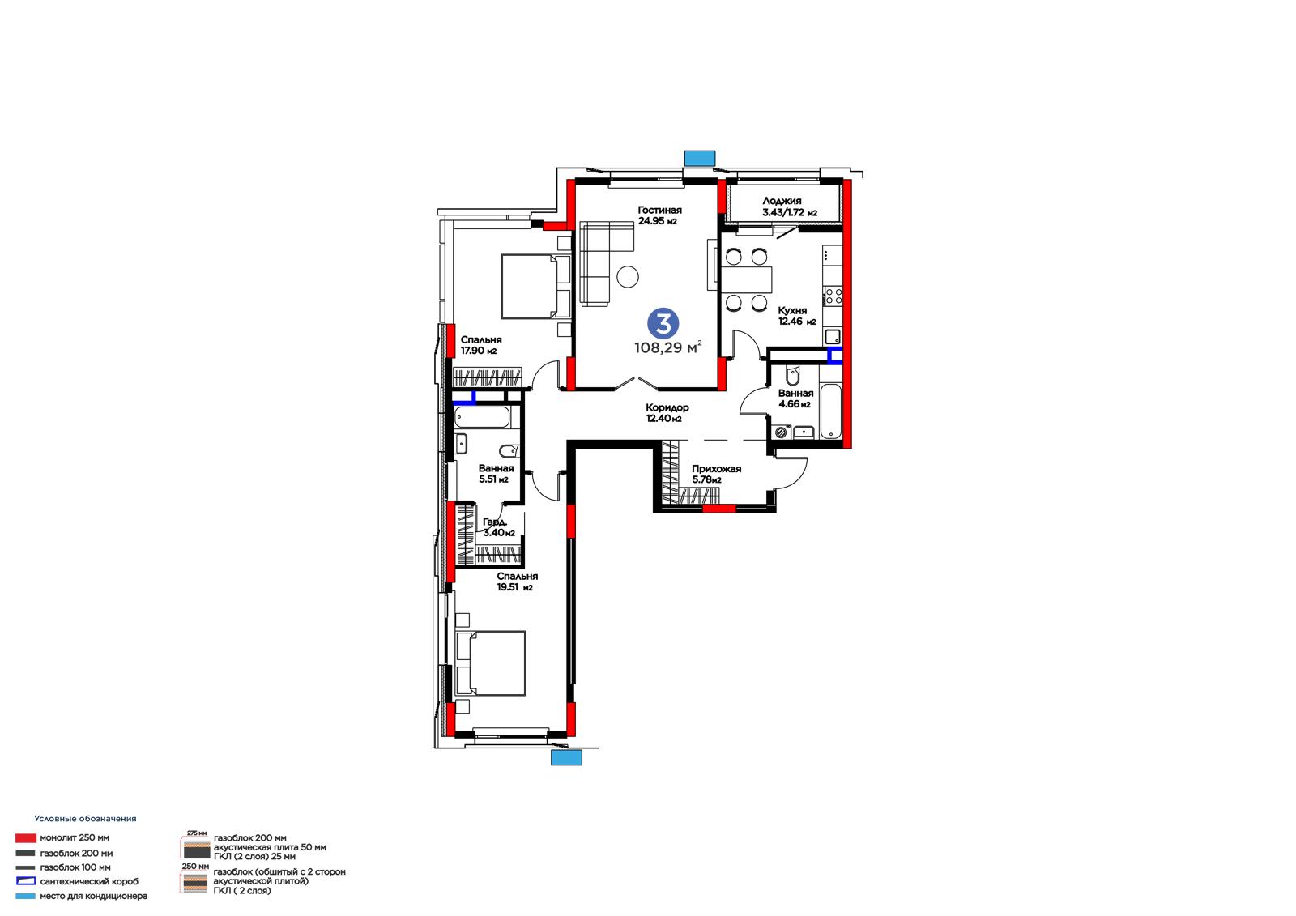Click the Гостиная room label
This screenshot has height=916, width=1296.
(659, 210)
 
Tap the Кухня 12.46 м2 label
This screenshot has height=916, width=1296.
(796, 316)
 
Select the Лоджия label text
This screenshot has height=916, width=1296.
(782, 201)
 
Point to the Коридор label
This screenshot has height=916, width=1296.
(667, 407)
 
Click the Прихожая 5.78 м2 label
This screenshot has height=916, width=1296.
(716, 474)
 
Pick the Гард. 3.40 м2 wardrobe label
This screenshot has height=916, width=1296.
(499, 527)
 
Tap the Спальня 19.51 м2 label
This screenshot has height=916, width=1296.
(518, 582)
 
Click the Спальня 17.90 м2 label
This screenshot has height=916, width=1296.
(481, 345)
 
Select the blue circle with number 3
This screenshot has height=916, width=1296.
(663, 323)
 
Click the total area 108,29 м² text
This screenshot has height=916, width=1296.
(667, 347)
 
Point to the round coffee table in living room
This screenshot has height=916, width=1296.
(627, 277)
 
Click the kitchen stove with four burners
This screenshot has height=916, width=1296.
(833, 296)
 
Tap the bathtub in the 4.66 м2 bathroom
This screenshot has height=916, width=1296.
(831, 411)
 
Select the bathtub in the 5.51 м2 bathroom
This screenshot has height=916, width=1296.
(482, 417)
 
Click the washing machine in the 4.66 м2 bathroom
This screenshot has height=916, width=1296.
(781, 432)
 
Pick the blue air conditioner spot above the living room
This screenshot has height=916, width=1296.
(700, 158)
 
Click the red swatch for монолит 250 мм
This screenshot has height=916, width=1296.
(25, 838)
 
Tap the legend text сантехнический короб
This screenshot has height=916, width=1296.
(89, 881)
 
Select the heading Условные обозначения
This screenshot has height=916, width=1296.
(85, 818)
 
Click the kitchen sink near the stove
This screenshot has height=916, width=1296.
(833, 336)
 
